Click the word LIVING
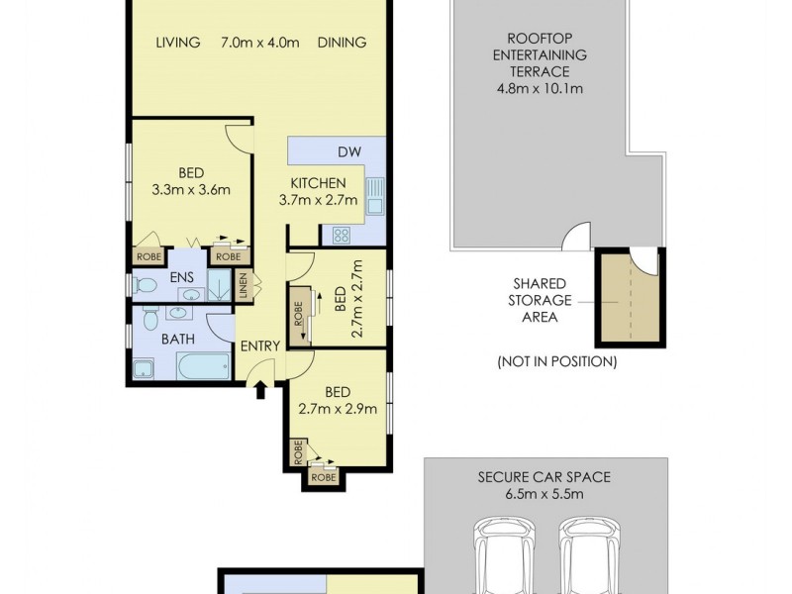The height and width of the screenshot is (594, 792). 178,42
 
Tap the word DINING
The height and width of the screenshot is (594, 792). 342,42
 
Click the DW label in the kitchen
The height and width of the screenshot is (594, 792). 348,152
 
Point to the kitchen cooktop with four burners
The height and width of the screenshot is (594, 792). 341,235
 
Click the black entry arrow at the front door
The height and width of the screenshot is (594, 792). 261,390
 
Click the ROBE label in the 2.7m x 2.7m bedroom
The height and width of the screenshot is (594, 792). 298,316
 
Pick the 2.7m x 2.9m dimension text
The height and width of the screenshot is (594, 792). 339,409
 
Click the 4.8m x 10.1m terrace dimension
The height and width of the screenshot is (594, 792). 541,86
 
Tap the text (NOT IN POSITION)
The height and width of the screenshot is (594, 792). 556,361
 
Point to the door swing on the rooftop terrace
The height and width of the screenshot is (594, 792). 575,236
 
